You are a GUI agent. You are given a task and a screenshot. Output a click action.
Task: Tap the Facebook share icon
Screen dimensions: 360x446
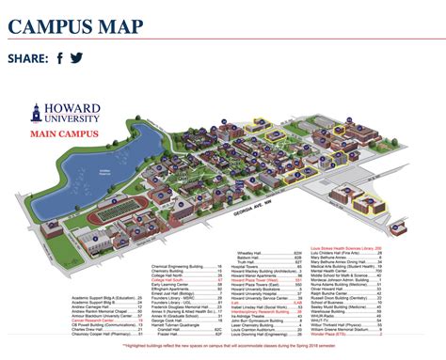(x=60, y=58)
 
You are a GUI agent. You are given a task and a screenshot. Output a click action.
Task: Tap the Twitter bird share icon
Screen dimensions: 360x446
(x=76, y=58)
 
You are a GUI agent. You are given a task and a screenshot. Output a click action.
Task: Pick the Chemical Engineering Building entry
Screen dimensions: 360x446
(x=183, y=265)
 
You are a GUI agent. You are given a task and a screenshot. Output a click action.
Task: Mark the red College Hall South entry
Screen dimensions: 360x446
(x=173, y=279)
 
